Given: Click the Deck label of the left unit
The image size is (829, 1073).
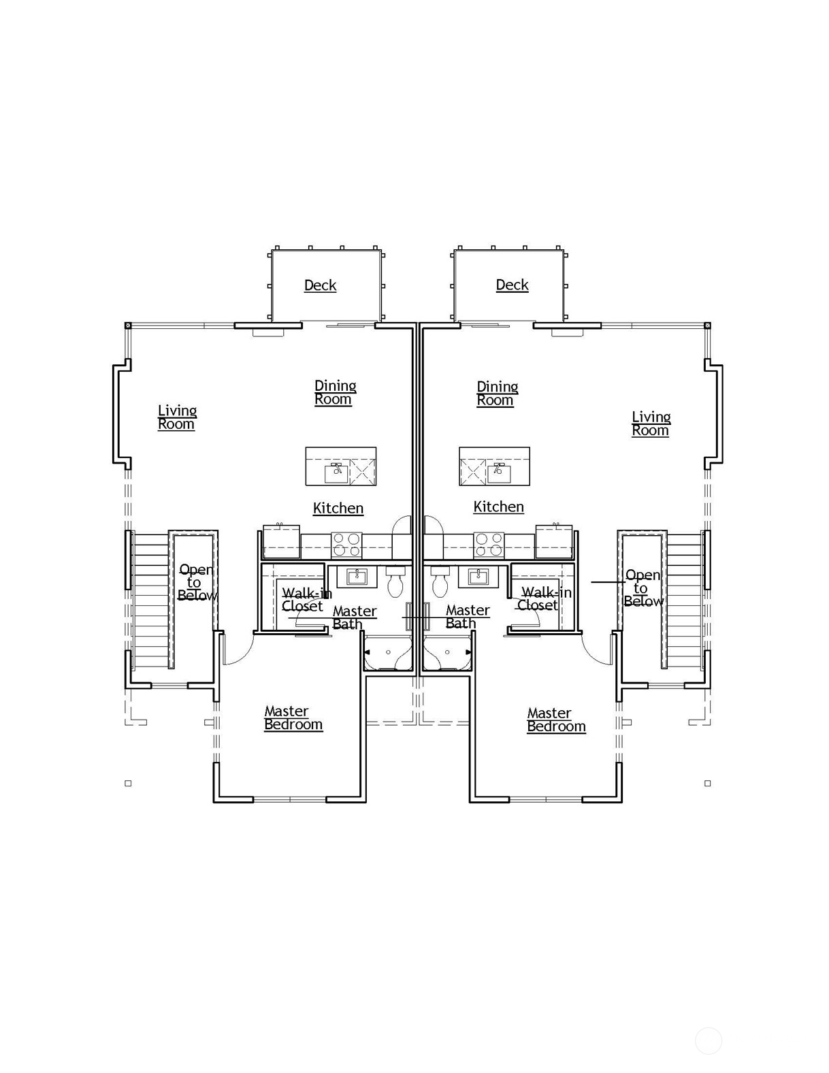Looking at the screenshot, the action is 321,285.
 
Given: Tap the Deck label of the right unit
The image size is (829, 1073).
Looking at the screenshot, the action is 513,285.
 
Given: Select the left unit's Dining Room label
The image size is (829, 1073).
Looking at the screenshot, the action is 336,393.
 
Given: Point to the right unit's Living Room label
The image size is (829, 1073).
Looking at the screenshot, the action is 651,423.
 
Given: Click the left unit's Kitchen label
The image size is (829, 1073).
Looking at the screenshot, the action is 338,508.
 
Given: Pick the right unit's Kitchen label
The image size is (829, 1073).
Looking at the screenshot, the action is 499,507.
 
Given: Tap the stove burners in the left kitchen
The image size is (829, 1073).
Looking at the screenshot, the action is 346,545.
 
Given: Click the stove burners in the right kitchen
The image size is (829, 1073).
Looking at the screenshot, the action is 489,545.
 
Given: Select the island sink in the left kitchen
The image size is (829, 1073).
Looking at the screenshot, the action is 337,473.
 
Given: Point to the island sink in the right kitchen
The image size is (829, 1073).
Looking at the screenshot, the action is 499,473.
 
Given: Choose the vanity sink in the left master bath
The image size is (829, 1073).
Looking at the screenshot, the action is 356,576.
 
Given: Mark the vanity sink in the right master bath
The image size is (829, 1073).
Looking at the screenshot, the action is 478,576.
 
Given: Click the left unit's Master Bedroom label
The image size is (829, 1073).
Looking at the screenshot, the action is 293,718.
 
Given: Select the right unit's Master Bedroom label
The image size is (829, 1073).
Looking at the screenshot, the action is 557,720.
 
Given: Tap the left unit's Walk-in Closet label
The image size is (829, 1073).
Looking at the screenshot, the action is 307,599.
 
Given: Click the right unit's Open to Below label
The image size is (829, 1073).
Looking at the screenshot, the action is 644,588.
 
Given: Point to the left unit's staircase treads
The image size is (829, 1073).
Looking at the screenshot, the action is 151,600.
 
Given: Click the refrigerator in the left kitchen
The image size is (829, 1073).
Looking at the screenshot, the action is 281,542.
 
